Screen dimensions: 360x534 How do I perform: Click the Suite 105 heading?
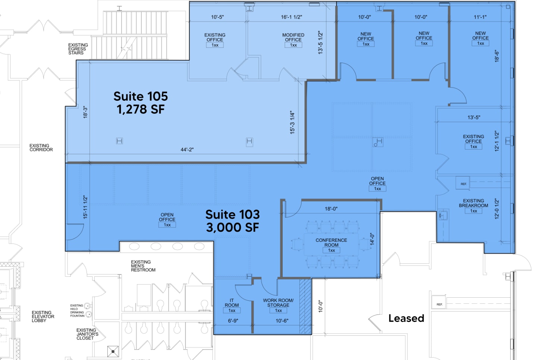[x=141, y=96]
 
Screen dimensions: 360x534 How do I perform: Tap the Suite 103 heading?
[x=232, y=215]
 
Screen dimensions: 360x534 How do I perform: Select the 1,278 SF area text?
[x=141, y=109]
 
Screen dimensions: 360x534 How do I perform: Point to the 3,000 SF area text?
[x=232, y=227]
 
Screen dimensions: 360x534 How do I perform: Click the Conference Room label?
[x=331, y=242]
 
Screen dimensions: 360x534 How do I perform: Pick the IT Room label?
[x=232, y=303]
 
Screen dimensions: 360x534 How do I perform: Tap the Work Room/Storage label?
[x=278, y=303]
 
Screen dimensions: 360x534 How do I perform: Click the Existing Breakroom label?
[x=473, y=203]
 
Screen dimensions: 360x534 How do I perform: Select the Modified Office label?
[x=293, y=37]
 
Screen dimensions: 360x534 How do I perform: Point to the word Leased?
[x=406, y=318]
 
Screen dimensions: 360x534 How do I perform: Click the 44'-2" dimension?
[x=187, y=150]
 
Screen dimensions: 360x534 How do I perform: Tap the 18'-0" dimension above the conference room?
[x=331, y=209]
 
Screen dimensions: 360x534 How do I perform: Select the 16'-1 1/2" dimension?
[x=291, y=17]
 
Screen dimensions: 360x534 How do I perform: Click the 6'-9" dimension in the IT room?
[x=233, y=321]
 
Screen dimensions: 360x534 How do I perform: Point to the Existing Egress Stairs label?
[x=78, y=49]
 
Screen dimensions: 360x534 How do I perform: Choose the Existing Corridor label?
[x=41, y=148]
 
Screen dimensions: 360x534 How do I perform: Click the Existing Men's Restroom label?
[x=143, y=266]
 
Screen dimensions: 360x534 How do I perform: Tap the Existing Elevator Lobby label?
[x=43, y=316]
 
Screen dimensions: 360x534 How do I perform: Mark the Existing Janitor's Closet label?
[x=87, y=334]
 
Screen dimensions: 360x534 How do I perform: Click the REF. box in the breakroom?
[x=463, y=184]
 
